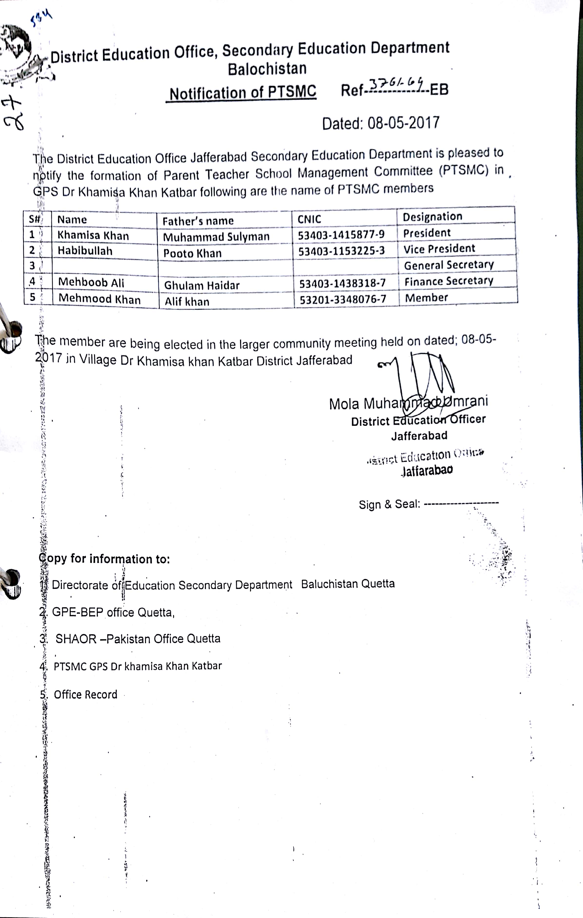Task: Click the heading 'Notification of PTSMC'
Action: (x=243, y=93)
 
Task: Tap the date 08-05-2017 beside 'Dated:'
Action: (x=403, y=123)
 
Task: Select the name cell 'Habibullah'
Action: (x=85, y=251)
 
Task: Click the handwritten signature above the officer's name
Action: (x=423, y=377)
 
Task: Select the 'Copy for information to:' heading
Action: (x=104, y=559)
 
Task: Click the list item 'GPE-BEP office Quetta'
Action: (x=113, y=612)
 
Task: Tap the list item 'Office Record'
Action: (x=85, y=694)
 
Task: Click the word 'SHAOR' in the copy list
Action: (x=76, y=639)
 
